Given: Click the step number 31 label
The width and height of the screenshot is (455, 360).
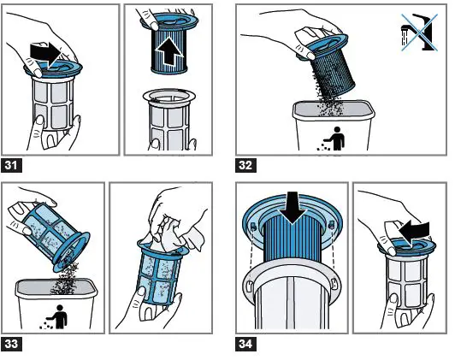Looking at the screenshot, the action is pyautogui.click(x=12, y=166).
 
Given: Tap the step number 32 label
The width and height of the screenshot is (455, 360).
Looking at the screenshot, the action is pyautogui.click(x=245, y=166).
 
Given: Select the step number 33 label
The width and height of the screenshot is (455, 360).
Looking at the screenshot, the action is pyautogui.click(x=12, y=344).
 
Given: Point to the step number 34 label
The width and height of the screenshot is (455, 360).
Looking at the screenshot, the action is pyautogui.click(x=245, y=344).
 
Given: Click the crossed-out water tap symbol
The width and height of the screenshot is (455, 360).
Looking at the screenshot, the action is pyautogui.click(x=419, y=32).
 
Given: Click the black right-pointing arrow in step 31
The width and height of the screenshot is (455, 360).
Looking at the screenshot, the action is pyautogui.click(x=45, y=55).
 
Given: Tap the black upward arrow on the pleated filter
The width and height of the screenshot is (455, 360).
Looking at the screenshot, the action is pyautogui.click(x=169, y=50).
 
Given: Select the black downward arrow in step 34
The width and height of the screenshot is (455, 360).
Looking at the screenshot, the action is pyautogui.click(x=292, y=208).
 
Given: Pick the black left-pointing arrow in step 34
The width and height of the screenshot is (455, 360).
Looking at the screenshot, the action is pyautogui.click(x=414, y=231).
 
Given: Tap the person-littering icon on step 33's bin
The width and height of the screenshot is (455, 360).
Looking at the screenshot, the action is pyautogui.click(x=55, y=316).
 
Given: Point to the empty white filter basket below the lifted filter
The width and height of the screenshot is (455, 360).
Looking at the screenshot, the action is pyautogui.click(x=169, y=119).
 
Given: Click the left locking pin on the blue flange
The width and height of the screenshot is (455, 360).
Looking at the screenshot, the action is pyautogui.click(x=252, y=227).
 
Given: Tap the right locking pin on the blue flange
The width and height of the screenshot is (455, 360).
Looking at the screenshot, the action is pyautogui.click(x=332, y=225).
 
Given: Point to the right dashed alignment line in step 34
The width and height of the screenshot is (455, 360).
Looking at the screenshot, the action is pyautogui.click(x=334, y=248).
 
